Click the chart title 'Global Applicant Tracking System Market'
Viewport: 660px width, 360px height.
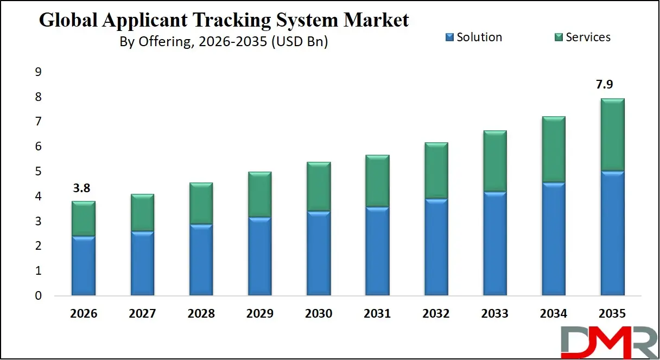[224, 21]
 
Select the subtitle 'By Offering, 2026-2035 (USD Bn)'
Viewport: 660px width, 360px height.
[224, 42]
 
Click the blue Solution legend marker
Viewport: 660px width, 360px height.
[449, 37]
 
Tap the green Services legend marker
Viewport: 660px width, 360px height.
[559, 37]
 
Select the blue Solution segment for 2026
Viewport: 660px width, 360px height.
[83, 266]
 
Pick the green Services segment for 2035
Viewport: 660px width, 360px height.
[612, 135]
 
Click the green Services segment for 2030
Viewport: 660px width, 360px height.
[319, 187]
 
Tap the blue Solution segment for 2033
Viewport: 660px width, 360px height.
[494, 244]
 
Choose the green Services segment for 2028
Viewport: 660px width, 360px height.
[201, 204]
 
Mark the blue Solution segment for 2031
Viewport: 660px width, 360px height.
[377, 251]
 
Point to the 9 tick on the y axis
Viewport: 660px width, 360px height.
[38, 72]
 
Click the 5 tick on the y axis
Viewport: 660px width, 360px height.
[38, 172]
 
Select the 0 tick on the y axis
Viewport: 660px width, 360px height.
[38, 296]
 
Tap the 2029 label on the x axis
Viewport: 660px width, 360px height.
[259, 314]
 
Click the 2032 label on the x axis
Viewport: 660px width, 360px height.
[436, 314]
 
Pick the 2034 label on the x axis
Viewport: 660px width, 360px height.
[553, 314]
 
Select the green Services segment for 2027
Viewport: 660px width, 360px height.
[142, 212]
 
